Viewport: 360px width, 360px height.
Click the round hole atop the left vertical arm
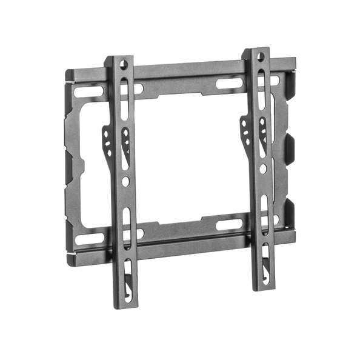(124, 63)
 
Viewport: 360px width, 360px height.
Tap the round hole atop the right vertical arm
(261, 56)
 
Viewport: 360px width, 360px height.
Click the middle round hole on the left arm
(125, 181)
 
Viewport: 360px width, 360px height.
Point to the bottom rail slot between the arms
(228, 225)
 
